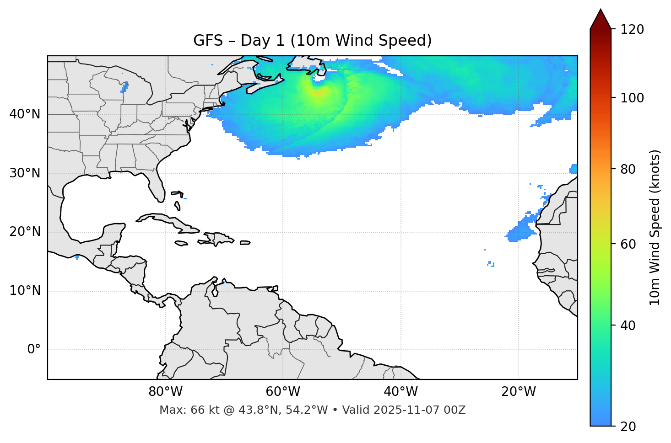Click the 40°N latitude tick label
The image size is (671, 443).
25,114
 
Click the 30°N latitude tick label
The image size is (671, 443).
25,173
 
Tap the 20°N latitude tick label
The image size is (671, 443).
25,232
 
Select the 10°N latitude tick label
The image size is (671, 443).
25,291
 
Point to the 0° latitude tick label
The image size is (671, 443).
34,350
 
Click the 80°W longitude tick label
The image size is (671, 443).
165,392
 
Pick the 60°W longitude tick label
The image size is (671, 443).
283,392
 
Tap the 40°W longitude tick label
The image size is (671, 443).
400,392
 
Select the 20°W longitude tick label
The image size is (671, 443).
519,392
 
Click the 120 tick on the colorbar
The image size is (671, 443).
632,30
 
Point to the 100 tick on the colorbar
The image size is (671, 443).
632,98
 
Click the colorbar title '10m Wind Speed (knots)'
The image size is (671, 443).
655,227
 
